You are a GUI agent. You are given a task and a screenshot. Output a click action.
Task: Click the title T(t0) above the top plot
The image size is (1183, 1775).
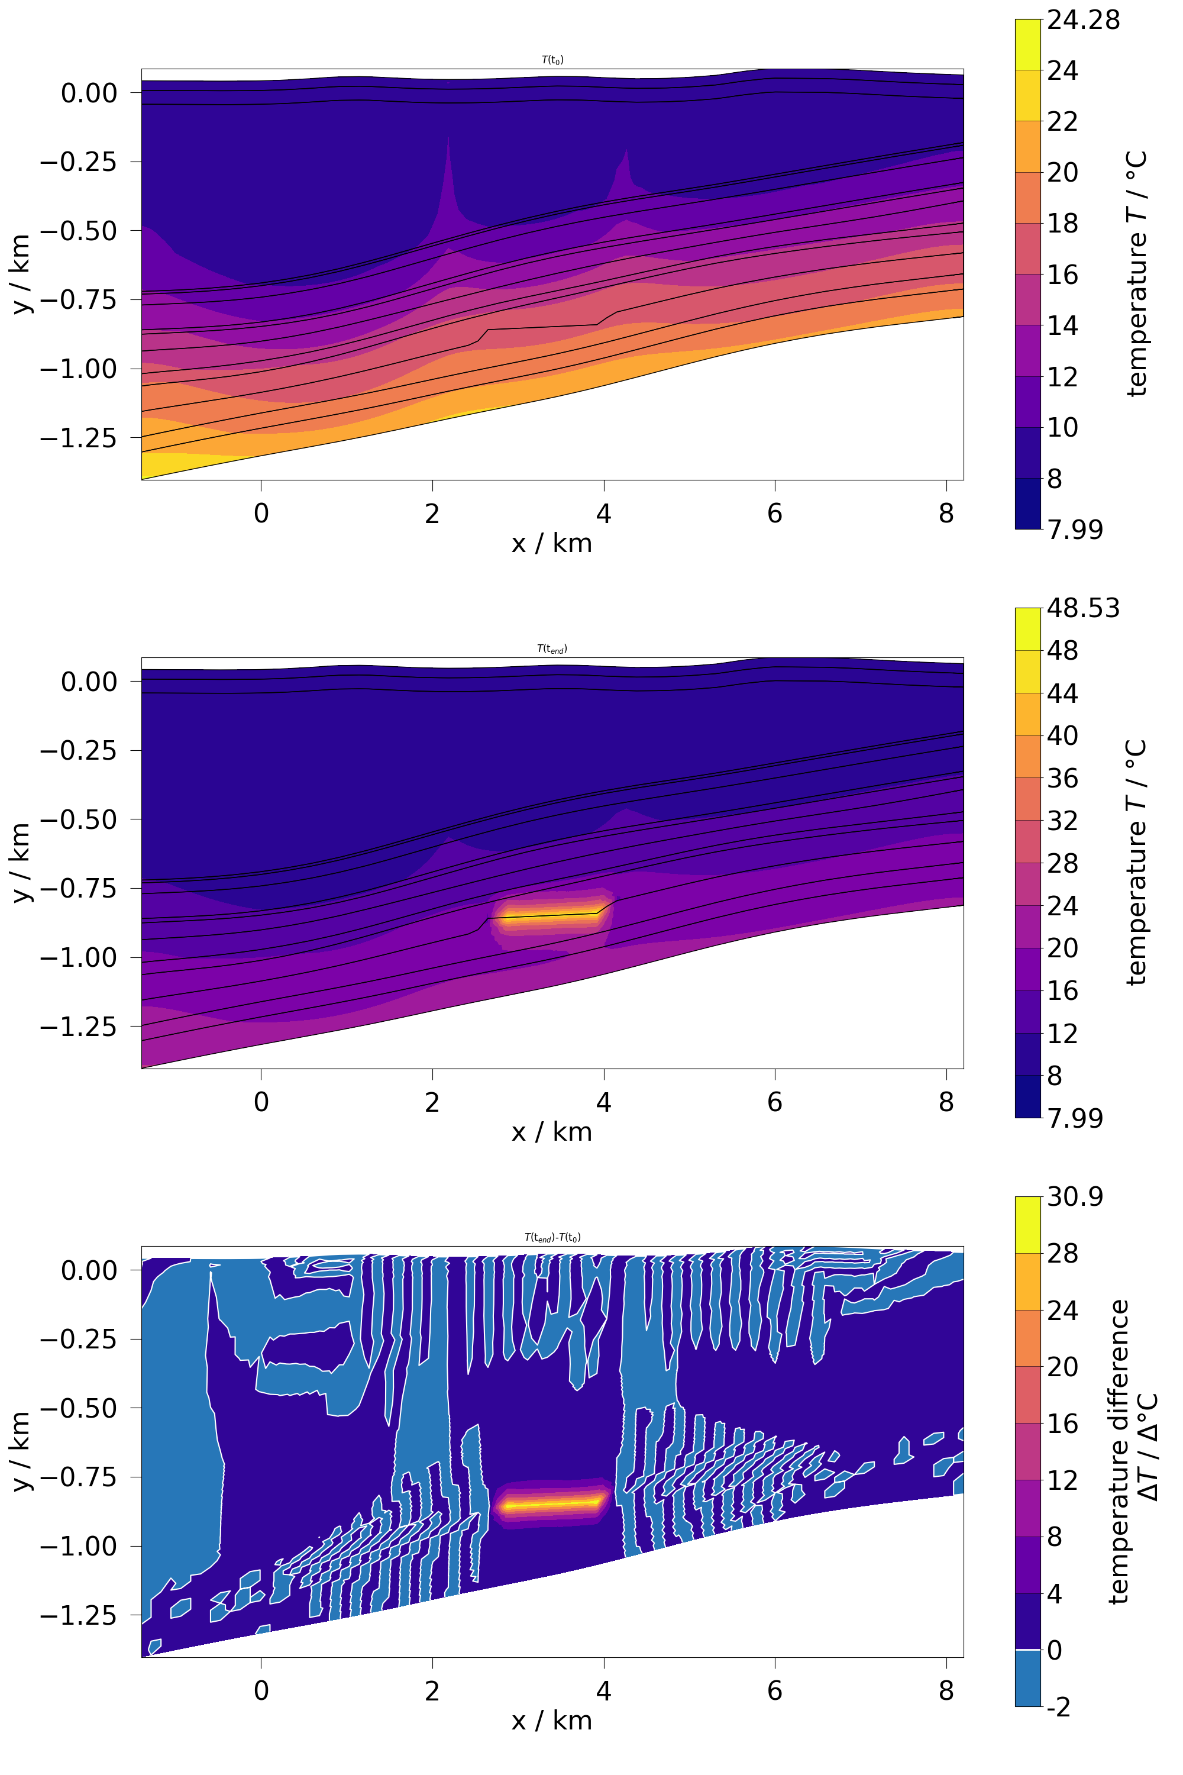pos(552,60)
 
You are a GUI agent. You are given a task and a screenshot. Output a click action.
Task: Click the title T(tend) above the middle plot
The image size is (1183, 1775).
pos(552,649)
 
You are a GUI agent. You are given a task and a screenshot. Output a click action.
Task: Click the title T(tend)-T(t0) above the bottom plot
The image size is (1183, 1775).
pos(552,1238)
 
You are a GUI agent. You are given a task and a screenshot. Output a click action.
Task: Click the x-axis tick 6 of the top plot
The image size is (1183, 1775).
pos(775,514)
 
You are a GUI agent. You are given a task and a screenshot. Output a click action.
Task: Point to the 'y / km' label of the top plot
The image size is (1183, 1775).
pos(22,274)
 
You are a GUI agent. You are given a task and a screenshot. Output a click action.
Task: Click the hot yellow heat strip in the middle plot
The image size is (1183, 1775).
pos(551,916)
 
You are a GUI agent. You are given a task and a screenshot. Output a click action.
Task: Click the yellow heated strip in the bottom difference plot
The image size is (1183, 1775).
pos(551,1504)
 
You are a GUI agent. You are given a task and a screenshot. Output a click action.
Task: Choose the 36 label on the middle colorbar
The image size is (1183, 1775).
pos(1062,779)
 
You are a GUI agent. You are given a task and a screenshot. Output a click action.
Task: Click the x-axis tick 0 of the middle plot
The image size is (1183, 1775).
pos(261,1103)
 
